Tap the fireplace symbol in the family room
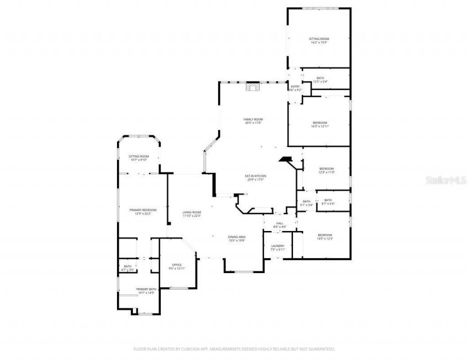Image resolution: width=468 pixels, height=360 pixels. coord(252,87)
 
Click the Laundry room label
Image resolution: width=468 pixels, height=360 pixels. coord(277,247)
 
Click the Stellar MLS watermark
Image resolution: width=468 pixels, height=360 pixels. coord(446,180)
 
